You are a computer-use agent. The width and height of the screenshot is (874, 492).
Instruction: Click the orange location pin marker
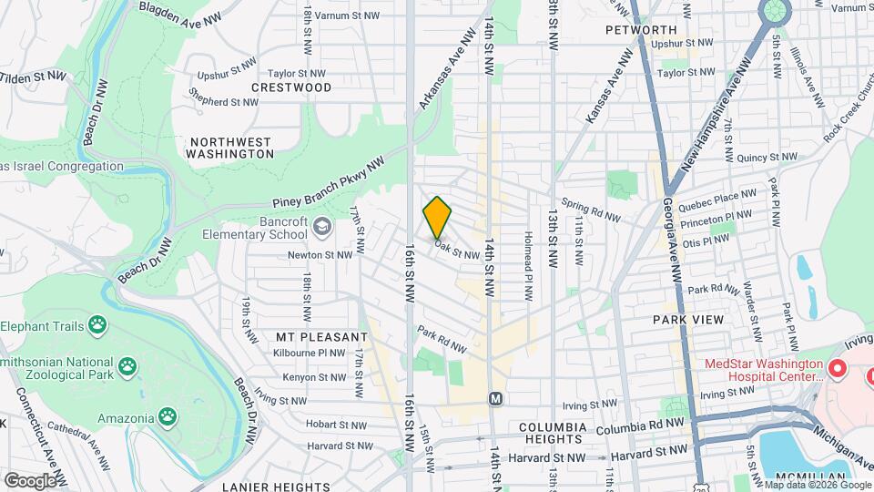(x=437, y=217)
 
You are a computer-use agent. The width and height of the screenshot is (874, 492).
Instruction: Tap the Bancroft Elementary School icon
(x=321, y=225)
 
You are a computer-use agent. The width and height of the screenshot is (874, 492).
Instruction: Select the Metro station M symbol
(x=495, y=398)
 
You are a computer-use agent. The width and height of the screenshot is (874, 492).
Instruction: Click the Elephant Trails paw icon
(x=97, y=325)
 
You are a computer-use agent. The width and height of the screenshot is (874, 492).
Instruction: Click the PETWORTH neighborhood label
(x=640, y=30)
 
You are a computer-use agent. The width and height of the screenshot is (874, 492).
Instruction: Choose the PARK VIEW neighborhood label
(x=688, y=320)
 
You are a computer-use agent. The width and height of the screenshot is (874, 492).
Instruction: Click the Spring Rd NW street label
(x=590, y=210)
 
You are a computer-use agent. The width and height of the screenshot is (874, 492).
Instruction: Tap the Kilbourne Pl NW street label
(x=312, y=353)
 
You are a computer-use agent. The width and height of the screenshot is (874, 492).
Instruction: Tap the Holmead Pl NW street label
(x=525, y=264)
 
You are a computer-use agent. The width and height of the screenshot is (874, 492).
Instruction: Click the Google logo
(x=30, y=480)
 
